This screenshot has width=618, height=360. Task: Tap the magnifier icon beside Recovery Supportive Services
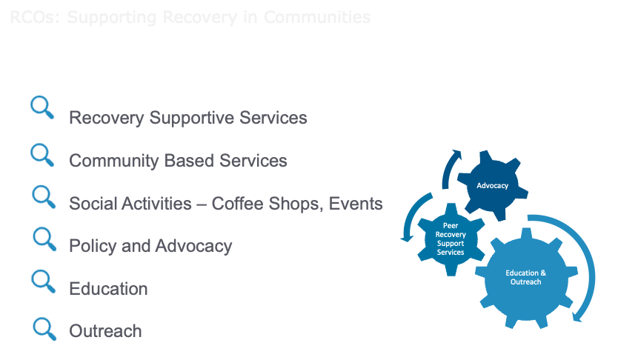click(x=42, y=108)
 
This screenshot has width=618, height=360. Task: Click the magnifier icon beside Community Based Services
click(x=42, y=155)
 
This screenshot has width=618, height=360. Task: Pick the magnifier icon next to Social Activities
click(x=44, y=196)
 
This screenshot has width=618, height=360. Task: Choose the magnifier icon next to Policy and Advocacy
click(x=44, y=239)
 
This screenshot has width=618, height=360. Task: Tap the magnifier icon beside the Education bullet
click(x=44, y=281)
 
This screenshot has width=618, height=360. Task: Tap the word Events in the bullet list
click(x=354, y=203)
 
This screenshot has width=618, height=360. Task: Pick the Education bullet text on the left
click(x=108, y=289)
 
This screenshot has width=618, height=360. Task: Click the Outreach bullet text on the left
click(x=105, y=331)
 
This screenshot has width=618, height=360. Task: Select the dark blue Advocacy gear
click(x=493, y=186)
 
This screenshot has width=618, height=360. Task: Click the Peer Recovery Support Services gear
click(x=451, y=238)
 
